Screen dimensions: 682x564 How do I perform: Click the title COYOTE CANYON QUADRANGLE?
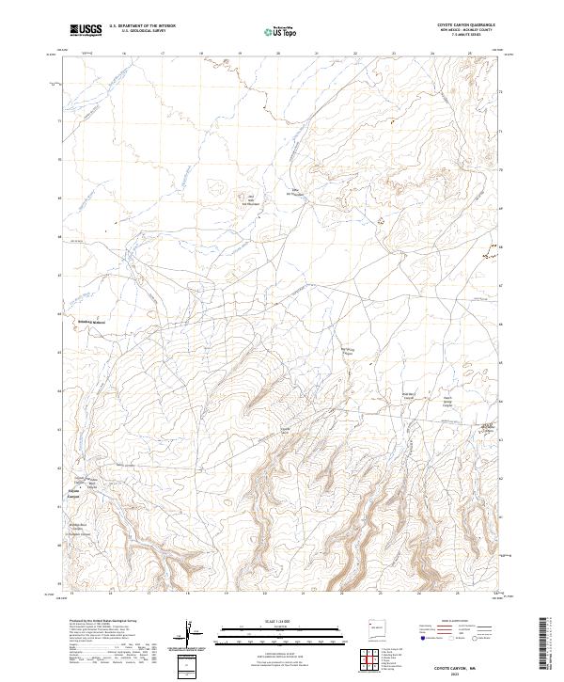tap(466, 24)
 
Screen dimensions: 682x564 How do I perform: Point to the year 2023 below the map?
tap(455, 674)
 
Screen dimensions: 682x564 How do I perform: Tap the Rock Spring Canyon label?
tap(349, 352)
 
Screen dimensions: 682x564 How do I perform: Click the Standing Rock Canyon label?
tap(77, 527)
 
